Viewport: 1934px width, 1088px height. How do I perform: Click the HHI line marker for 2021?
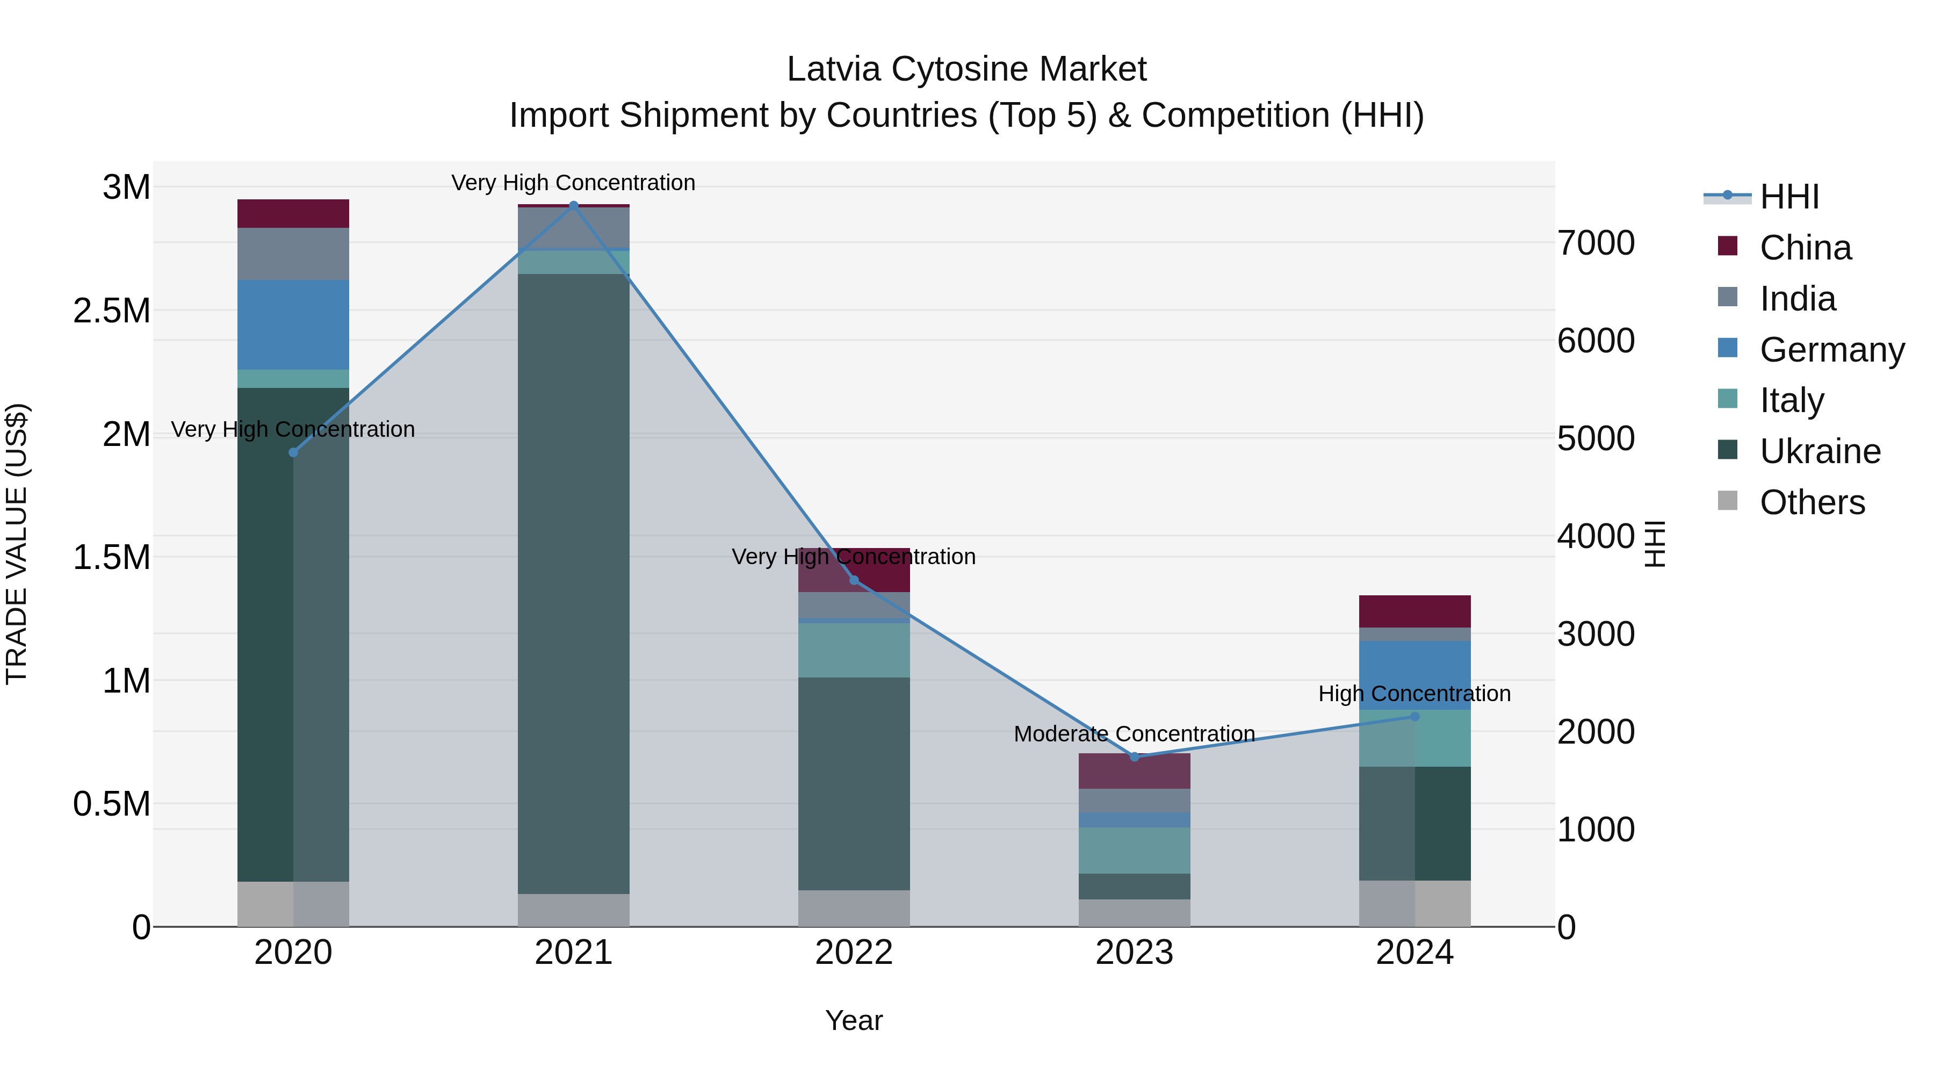coord(574,205)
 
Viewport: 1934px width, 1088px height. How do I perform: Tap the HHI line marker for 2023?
coord(1135,756)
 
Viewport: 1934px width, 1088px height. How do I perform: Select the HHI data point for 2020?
coord(293,452)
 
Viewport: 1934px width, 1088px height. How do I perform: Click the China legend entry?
coord(1805,248)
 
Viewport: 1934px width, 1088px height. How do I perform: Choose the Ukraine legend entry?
coord(1820,451)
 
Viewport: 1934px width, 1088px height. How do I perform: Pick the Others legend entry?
coord(1812,502)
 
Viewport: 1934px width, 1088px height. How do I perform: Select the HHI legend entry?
coord(1789,197)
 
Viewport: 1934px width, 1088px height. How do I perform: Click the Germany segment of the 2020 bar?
coord(293,325)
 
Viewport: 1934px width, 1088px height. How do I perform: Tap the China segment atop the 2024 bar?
coord(1415,611)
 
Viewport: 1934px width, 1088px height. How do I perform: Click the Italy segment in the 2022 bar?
coord(854,650)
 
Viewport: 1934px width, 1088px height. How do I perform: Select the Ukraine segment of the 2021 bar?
coord(574,583)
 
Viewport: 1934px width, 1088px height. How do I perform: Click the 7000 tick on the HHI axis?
coord(1596,243)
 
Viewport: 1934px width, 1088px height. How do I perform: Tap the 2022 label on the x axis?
coord(854,953)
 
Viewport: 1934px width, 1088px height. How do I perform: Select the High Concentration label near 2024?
coord(1415,694)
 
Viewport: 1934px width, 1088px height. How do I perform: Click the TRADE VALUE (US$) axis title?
coord(17,544)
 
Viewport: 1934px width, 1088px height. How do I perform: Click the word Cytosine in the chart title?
coord(967,69)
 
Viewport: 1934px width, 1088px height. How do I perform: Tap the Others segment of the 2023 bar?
coord(1135,912)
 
